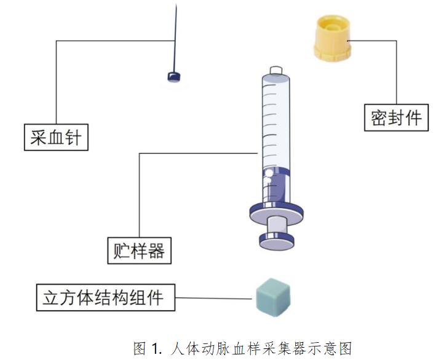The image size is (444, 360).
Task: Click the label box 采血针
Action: (x=56, y=137)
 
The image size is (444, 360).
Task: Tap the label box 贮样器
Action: (x=139, y=250)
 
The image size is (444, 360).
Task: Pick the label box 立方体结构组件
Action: (x=104, y=298)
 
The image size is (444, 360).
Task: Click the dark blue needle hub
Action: (x=175, y=77)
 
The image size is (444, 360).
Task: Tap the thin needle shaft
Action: (x=176, y=37)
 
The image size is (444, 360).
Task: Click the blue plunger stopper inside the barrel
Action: (x=277, y=184)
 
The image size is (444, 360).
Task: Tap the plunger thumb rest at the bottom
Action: (x=276, y=241)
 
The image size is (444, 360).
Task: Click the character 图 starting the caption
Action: (x=141, y=349)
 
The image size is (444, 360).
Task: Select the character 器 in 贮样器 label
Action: (x=157, y=250)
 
